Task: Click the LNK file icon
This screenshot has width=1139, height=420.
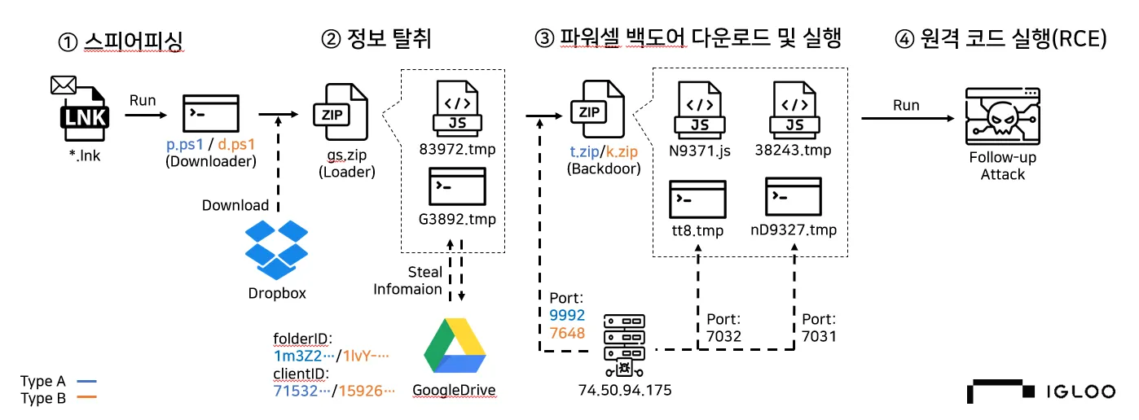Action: (x=84, y=114)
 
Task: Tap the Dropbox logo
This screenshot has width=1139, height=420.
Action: (x=277, y=249)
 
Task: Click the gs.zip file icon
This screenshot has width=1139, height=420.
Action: (x=341, y=109)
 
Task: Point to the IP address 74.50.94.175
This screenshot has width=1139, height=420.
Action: (x=623, y=391)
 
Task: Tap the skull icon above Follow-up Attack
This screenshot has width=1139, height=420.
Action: (x=1002, y=116)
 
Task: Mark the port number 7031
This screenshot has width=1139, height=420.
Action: (x=819, y=335)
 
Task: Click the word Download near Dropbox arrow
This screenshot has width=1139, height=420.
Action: (x=235, y=205)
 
